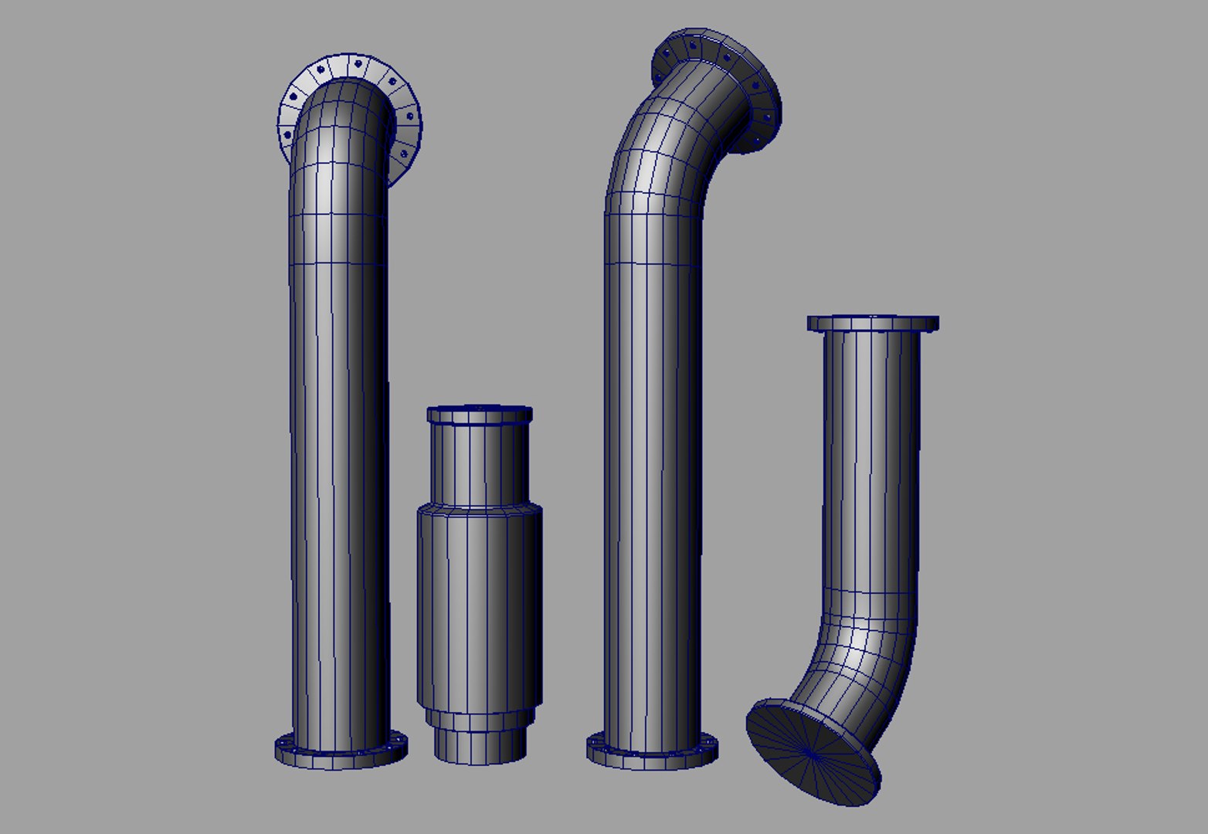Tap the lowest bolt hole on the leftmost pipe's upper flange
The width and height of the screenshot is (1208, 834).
404,154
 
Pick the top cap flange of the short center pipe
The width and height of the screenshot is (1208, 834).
479,415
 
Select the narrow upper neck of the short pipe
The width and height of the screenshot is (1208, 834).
479,463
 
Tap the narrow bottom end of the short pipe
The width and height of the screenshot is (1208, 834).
479,746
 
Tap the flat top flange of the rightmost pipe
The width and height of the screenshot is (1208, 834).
873,324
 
